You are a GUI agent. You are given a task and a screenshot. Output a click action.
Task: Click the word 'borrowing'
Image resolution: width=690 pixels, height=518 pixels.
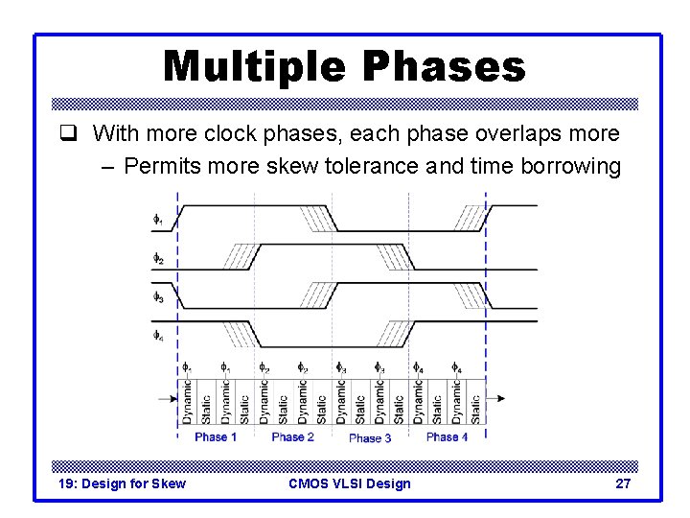[x=570, y=166]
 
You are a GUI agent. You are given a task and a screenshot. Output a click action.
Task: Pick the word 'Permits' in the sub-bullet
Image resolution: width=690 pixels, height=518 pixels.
[x=164, y=166]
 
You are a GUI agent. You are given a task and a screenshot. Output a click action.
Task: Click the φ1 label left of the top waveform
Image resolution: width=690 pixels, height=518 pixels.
[x=158, y=220]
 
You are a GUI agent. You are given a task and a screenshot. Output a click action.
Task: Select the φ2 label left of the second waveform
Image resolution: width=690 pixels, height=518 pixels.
[x=158, y=258]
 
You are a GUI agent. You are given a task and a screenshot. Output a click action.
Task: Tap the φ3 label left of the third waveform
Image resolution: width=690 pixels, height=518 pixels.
[x=158, y=297]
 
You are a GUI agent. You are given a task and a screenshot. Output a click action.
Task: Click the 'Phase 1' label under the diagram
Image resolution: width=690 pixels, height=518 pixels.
[x=216, y=437]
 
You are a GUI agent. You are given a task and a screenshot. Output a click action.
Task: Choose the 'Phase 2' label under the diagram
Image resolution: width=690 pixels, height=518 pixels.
[x=292, y=437]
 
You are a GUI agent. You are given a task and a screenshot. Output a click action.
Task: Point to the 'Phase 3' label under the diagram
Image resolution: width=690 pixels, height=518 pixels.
[x=370, y=438]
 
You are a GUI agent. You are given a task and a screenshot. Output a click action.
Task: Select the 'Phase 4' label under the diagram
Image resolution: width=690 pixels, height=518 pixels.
[x=447, y=437]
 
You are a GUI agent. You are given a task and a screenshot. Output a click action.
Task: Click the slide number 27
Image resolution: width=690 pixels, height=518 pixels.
[x=622, y=483]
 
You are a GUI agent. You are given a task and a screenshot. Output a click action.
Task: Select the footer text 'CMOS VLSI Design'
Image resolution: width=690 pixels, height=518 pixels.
[x=349, y=483]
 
